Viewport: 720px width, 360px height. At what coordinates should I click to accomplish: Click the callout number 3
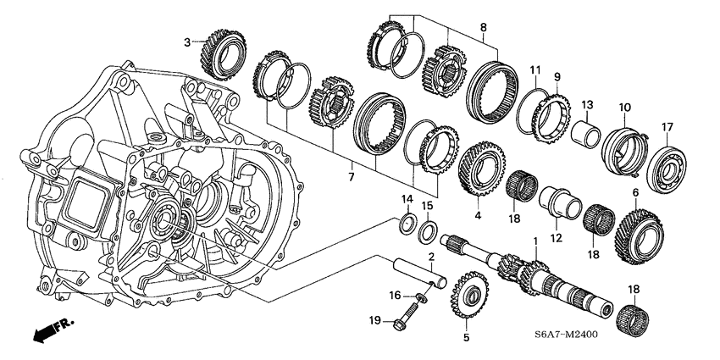coord(188,42)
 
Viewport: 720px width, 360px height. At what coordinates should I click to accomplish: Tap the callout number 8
coord(483,27)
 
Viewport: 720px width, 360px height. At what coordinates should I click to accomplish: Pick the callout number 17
coord(667,128)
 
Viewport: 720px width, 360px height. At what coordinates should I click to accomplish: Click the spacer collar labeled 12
coord(559,206)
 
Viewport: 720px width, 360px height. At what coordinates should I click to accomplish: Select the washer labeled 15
coord(429,230)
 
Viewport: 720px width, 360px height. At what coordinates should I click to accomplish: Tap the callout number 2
coord(430,256)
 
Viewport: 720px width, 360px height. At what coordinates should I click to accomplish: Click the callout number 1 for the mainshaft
coord(534,242)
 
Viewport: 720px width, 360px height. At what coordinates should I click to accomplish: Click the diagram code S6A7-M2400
coord(559,335)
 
